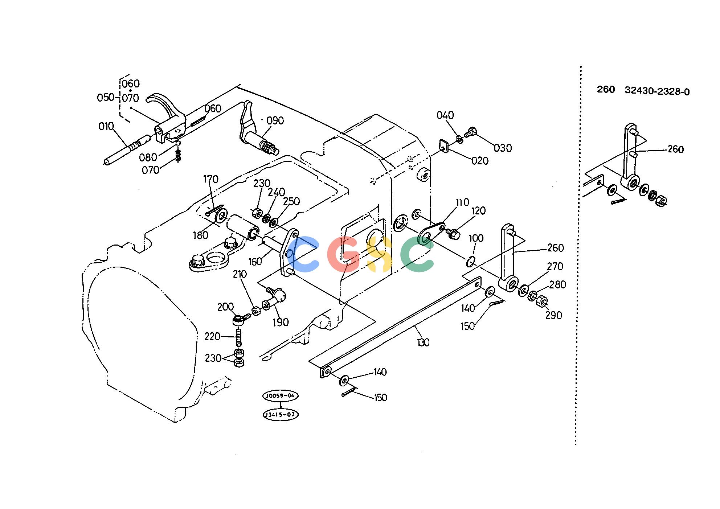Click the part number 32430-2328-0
pyautogui.click(x=657, y=91)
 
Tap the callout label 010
pyautogui.click(x=106, y=126)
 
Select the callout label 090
pyautogui.click(x=275, y=121)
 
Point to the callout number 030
pyautogui.click(x=503, y=148)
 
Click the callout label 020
pyautogui.click(x=480, y=161)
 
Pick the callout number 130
pyautogui.click(x=423, y=342)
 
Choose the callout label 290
pyautogui.click(x=554, y=315)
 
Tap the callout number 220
pyautogui.click(x=212, y=337)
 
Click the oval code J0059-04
pyautogui.click(x=280, y=396)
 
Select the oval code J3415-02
pyautogui.click(x=280, y=414)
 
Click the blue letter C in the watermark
pyautogui.click(x=303, y=254)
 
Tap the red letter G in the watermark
pyautogui.click(x=343, y=254)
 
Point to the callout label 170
pyautogui.click(x=210, y=179)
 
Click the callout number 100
pyautogui.click(x=476, y=238)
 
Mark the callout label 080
pyautogui.click(x=148, y=157)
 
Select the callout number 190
pyautogui.click(x=281, y=322)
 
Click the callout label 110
pyautogui.click(x=462, y=202)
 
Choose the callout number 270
pyautogui.click(x=555, y=266)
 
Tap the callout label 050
pyautogui.click(x=106, y=98)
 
